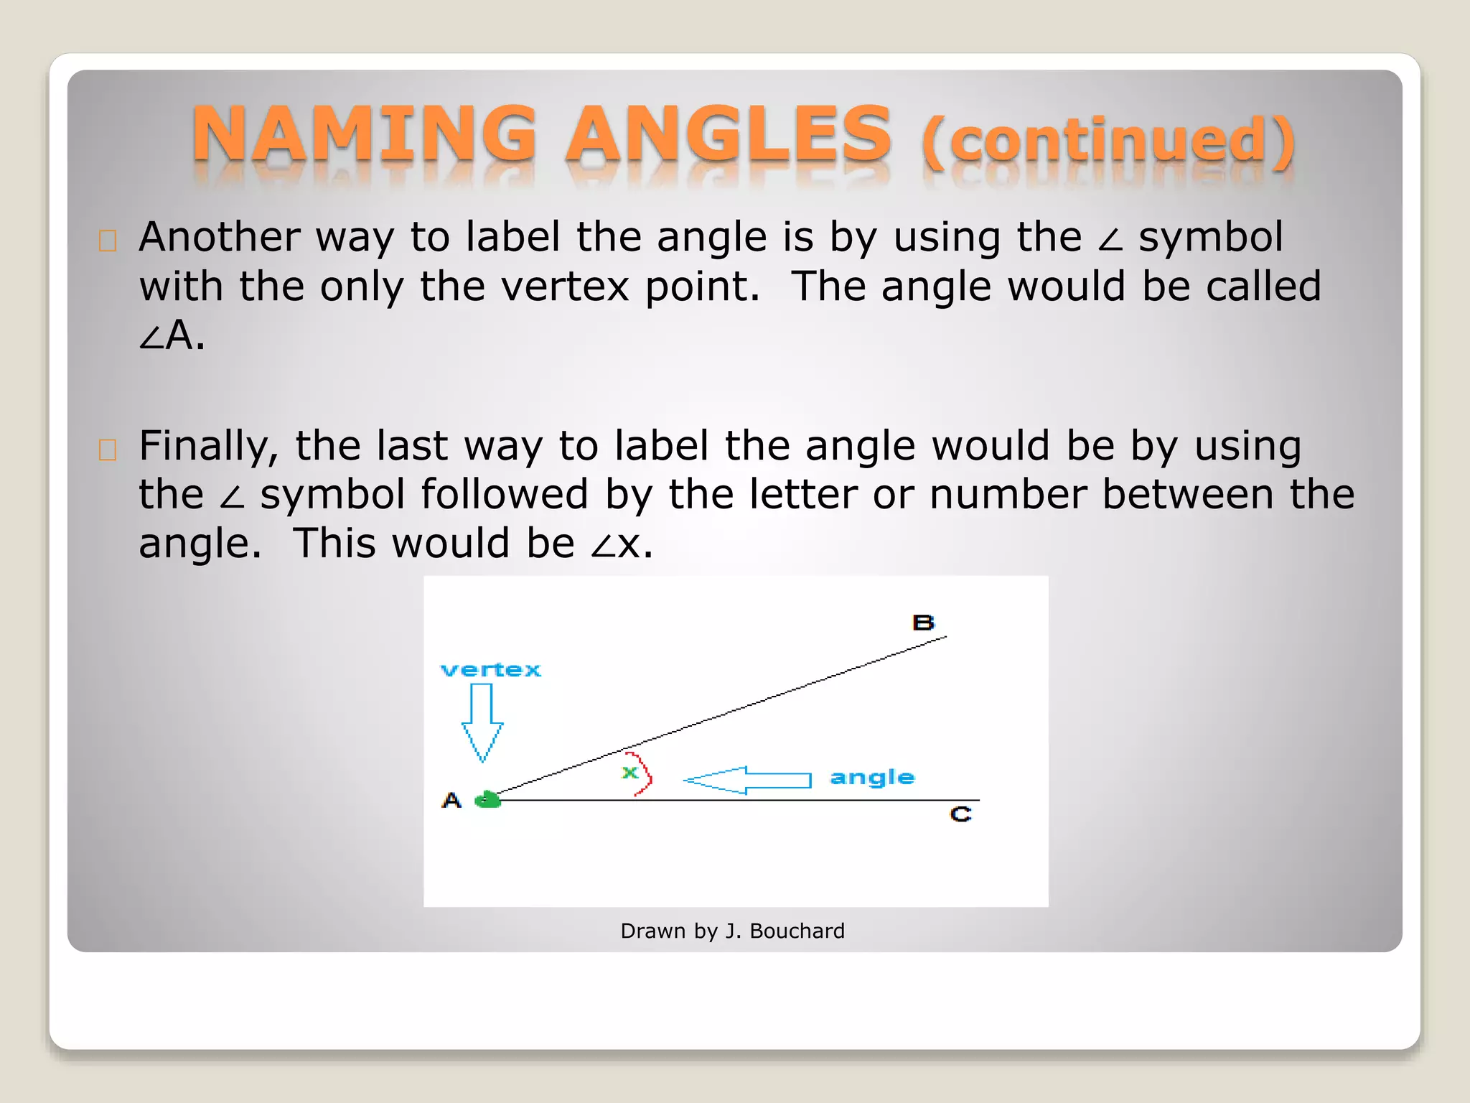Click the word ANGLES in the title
coord(728,134)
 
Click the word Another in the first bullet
coord(220,237)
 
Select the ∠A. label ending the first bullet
coord(172,335)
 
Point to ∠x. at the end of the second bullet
coord(622,544)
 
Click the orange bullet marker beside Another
coord(108,241)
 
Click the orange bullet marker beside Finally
coord(108,450)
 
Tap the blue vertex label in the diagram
coord(491,670)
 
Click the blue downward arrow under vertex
coord(482,722)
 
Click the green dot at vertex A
coord(488,799)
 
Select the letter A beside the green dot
coord(451,800)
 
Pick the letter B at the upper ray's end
coord(923,623)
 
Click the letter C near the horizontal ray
coord(960,814)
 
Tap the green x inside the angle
coord(630,773)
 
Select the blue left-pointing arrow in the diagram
coord(746,780)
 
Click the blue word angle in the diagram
coord(872,778)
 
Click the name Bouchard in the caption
coord(797,931)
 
